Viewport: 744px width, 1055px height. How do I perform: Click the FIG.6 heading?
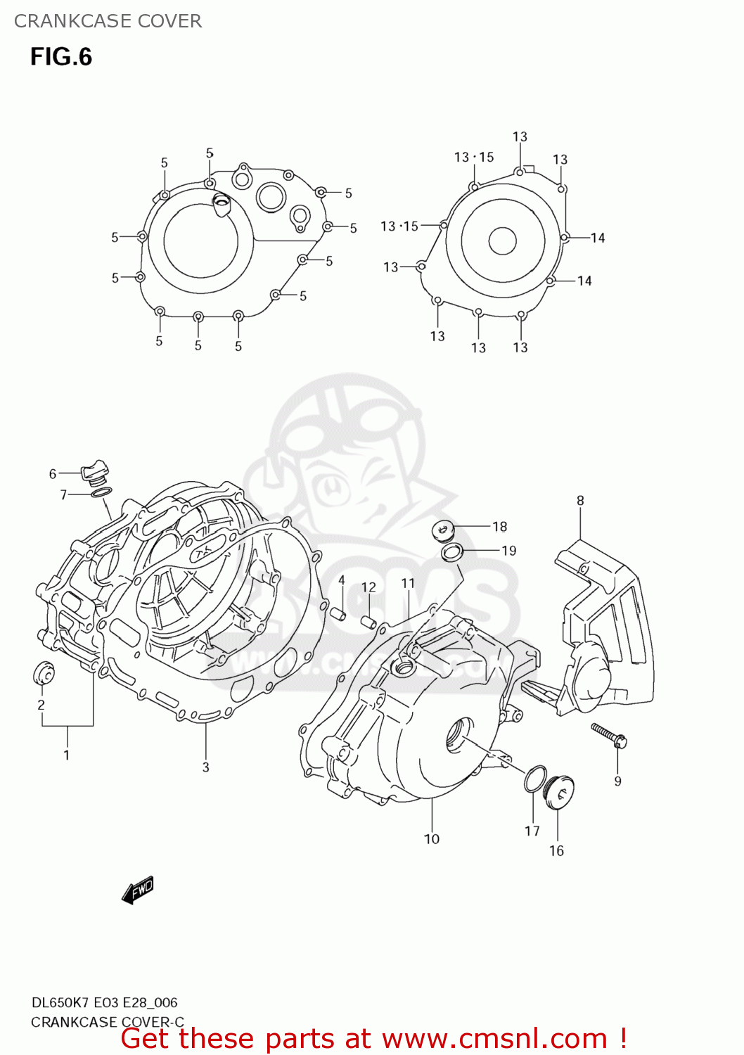pos(61,57)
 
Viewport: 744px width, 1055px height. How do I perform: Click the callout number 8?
pos(580,501)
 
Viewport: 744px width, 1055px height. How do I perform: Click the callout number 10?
pos(432,838)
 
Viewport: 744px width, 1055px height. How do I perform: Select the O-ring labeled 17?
pos(534,779)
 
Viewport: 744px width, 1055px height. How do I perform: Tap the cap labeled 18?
pos(443,530)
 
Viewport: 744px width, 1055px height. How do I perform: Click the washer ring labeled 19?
pos(451,553)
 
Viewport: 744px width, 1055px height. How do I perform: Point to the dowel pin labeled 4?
pos(338,613)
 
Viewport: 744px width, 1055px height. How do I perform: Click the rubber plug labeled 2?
pos(44,673)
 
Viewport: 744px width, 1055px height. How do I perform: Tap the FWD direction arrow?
pos(138,890)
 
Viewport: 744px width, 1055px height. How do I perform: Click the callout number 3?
pos(205,767)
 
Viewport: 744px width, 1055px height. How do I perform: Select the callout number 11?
pos(408,583)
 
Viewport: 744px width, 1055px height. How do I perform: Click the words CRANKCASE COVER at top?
pos(108,21)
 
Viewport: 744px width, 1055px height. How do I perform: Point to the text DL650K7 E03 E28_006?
pos(104,1003)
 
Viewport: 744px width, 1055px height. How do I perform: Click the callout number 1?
pos(67,755)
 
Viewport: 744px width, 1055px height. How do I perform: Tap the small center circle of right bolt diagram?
pos(502,241)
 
